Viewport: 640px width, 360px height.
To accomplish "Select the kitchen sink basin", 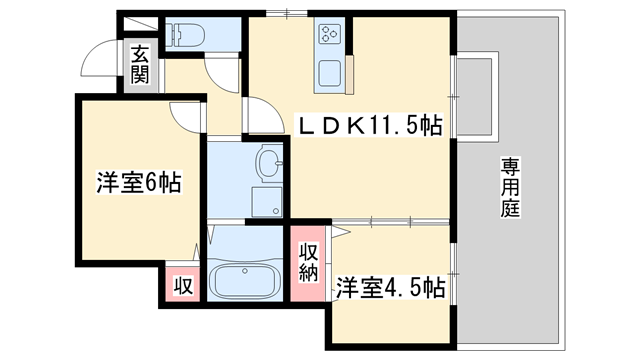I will pyautogui.click(x=330, y=73).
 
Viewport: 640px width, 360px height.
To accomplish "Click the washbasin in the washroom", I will pyautogui.click(x=268, y=162).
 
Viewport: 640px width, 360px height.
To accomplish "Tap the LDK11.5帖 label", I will pyautogui.click(x=372, y=125).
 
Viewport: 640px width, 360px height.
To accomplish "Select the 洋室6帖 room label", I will pyautogui.click(x=138, y=183).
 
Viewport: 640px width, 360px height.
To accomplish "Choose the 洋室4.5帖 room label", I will pyautogui.click(x=390, y=287).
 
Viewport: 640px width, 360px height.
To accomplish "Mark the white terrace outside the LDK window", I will pyautogui.click(x=476, y=95).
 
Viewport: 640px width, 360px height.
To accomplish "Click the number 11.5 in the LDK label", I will pyautogui.click(x=399, y=125).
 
